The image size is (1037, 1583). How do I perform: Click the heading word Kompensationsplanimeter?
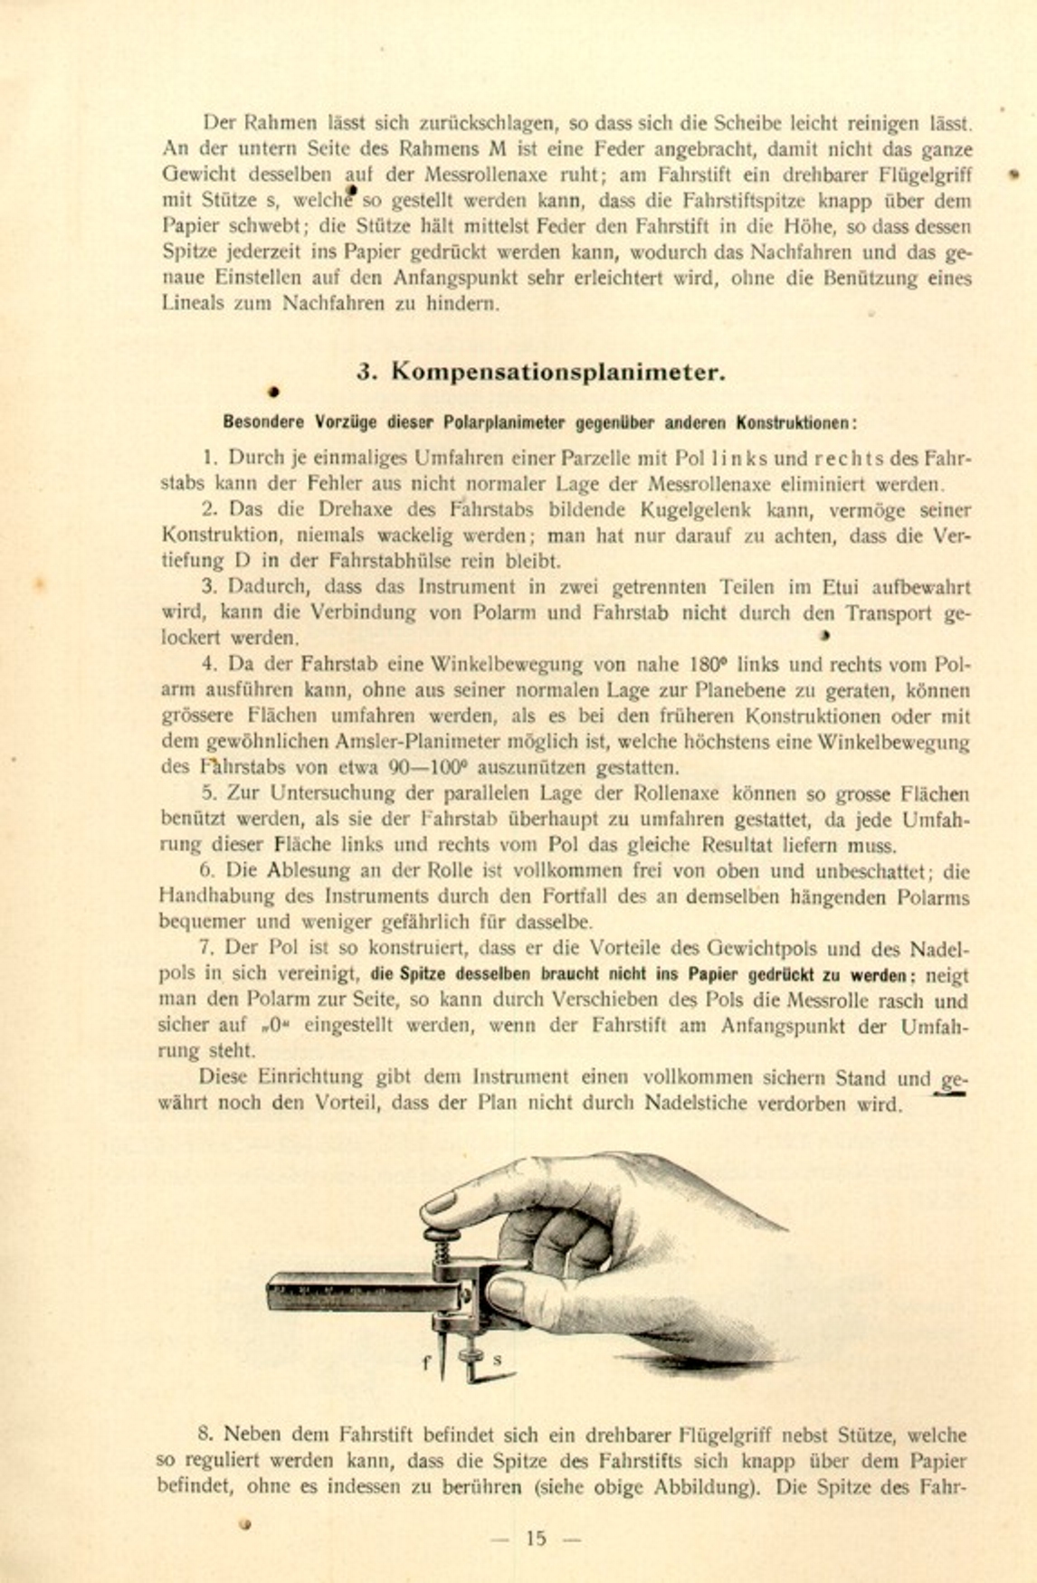[x=558, y=372]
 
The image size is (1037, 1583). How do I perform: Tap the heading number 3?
[x=366, y=372]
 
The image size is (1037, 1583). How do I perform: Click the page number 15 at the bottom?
[x=536, y=1538]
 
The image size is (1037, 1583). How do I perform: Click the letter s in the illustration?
[x=497, y=1360]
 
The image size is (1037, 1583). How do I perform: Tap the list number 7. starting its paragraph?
[x=206, y=949]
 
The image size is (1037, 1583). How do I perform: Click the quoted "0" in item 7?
[x=274, y=1027]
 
